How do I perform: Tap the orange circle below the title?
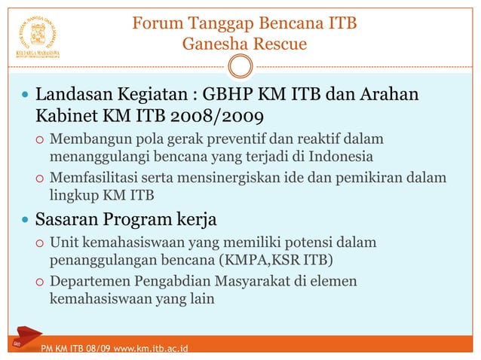240,68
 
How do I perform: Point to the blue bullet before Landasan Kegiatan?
26,97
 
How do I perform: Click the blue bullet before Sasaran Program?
26,221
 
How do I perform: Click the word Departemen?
93,282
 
